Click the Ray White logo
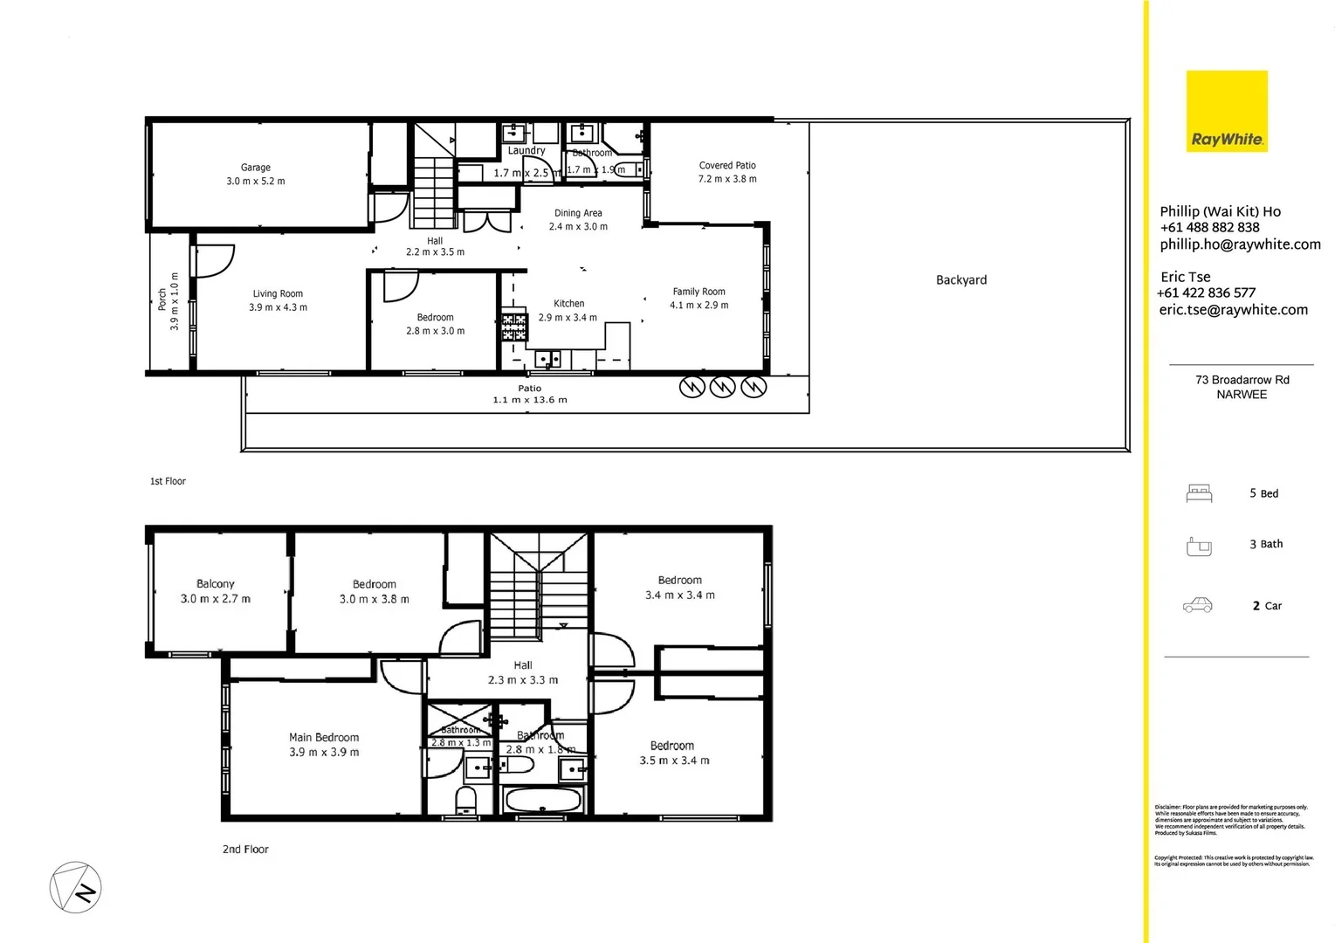[1226, 111]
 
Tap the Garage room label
[256, 168]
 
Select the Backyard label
[961, 280]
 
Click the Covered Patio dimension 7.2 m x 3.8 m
[727, 179]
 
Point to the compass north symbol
[76, 888]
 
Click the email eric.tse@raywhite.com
[1233, 310]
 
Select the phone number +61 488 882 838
[1209, 227]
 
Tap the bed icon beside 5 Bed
[1199, 494]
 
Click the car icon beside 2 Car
[1197, 606]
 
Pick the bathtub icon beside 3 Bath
[1199, 547]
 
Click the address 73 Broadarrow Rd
[1242, 380]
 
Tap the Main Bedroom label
[324, 738]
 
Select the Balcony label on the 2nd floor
[216, 584]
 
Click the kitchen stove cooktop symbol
[514, 327]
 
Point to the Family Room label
[698, 292]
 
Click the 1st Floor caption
[168, 481]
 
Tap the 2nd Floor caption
[245, 850]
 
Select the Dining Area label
[578, 213]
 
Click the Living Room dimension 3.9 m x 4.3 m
[278, 307]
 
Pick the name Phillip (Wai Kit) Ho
[1220, 211]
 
